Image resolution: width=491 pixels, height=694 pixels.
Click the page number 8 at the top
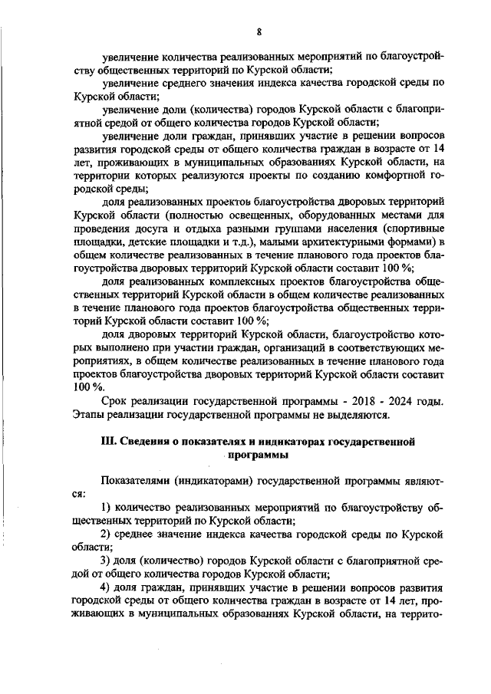pyautogui.click(x=259, y=31)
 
